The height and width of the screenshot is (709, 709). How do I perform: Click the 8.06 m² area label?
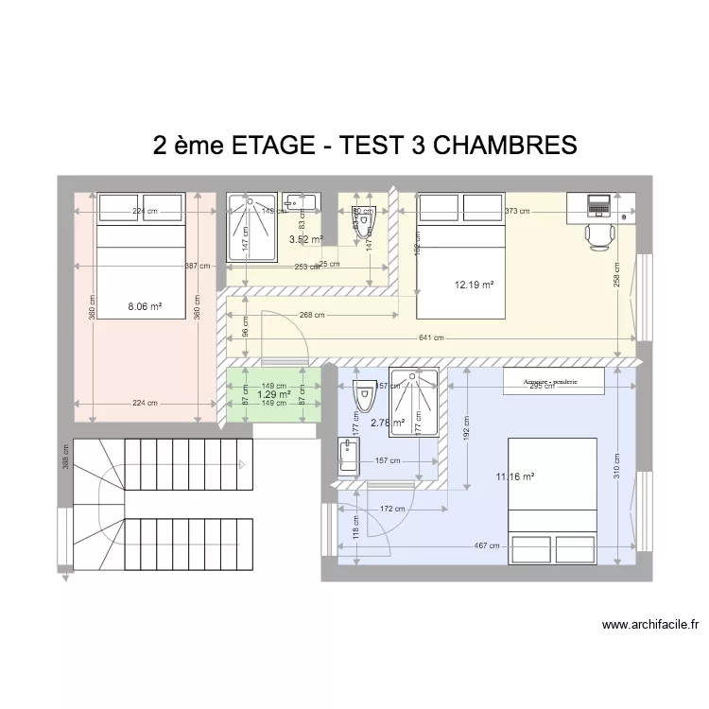click(x=145, y=306)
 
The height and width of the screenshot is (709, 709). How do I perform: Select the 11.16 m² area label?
click(x=514, y=477)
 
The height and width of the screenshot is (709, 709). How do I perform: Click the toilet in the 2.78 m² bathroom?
click(x=361, y=397)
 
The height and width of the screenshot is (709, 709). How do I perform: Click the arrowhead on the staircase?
click(x=243, y=464)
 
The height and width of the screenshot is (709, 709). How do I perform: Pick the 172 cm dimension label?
click(x=386, y=510)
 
